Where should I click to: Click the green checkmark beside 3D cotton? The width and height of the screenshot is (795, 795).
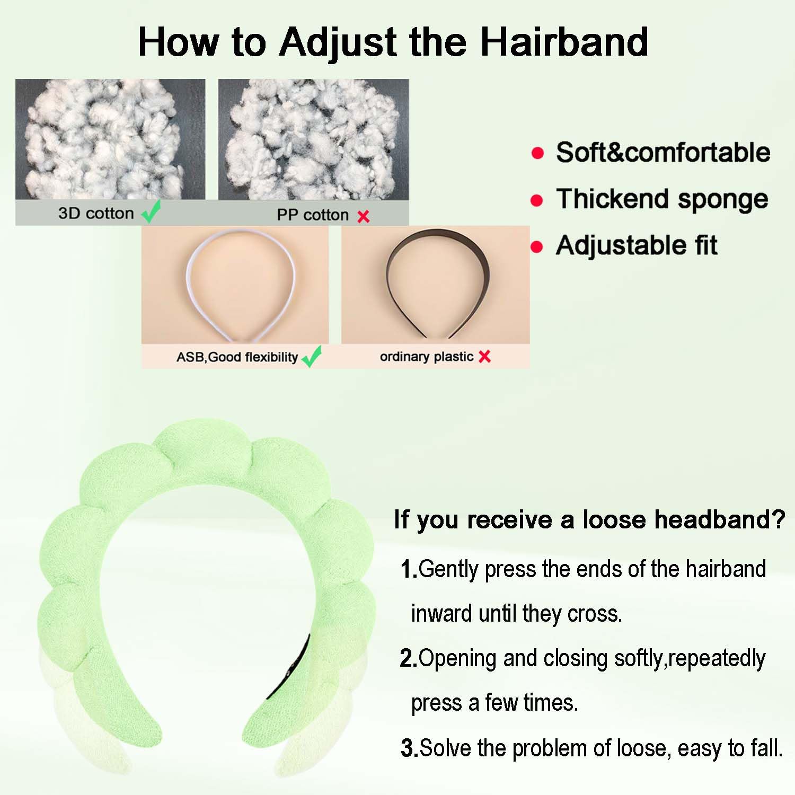click(151, 211)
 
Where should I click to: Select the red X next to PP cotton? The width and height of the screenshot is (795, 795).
click(364, 216)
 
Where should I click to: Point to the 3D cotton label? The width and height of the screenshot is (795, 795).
click(96, 213)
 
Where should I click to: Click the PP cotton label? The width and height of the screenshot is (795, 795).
click(313, 215)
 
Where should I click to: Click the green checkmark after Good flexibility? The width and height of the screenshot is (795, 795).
click(312, 356)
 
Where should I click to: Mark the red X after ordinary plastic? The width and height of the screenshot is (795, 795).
click(484, 357)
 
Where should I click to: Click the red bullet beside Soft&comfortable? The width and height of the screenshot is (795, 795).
click(537, 153)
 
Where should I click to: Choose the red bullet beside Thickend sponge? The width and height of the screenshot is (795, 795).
click(537, 200)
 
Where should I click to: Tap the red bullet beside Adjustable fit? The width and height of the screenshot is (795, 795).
click(537, 246)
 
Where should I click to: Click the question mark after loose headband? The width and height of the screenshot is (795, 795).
click(778, 519)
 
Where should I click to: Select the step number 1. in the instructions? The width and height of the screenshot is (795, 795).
click(409, 570)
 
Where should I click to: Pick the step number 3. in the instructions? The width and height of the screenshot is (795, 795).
click(410, 748)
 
